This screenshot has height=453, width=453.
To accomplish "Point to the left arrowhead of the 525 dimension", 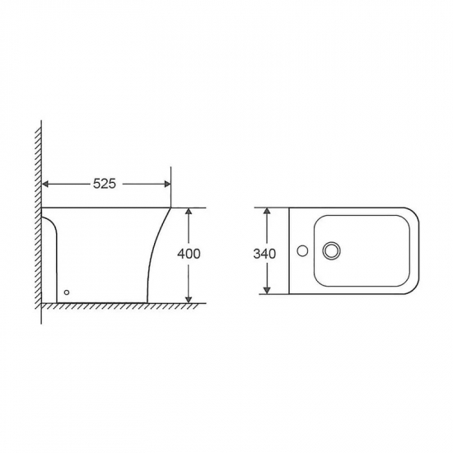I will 46,184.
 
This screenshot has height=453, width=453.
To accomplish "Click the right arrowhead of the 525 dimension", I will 167,184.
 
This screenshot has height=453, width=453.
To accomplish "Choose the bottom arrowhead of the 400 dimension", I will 189,297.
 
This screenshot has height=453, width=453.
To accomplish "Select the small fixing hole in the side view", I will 68,291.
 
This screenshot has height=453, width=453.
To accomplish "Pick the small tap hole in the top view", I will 304,250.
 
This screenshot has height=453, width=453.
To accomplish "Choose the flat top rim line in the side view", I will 107,207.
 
